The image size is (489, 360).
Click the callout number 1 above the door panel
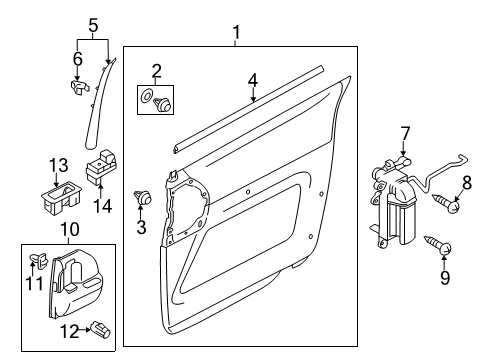(x=236, y=33)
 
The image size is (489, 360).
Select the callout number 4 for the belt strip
(x=253, y=81)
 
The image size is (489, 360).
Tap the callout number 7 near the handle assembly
(x=404, y=134)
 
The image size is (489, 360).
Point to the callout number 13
(x=59, y=165)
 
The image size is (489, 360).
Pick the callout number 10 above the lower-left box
(x=70, y=229)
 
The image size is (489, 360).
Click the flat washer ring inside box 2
(x=146, y=96)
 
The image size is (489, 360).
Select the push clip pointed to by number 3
(x=143, y=197)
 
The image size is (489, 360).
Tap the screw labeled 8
(x=446, y=203)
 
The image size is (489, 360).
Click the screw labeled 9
(x=437, y=245)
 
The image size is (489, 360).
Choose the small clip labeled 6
(x=79, y=87)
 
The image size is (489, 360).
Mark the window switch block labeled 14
(x=101, y=166)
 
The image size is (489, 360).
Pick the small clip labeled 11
(x=40, y=259)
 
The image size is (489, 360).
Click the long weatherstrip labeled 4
(x=248, y=109)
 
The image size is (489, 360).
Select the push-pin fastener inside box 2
(x=163, y=104)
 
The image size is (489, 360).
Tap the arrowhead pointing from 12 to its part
(x=88, y=330)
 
